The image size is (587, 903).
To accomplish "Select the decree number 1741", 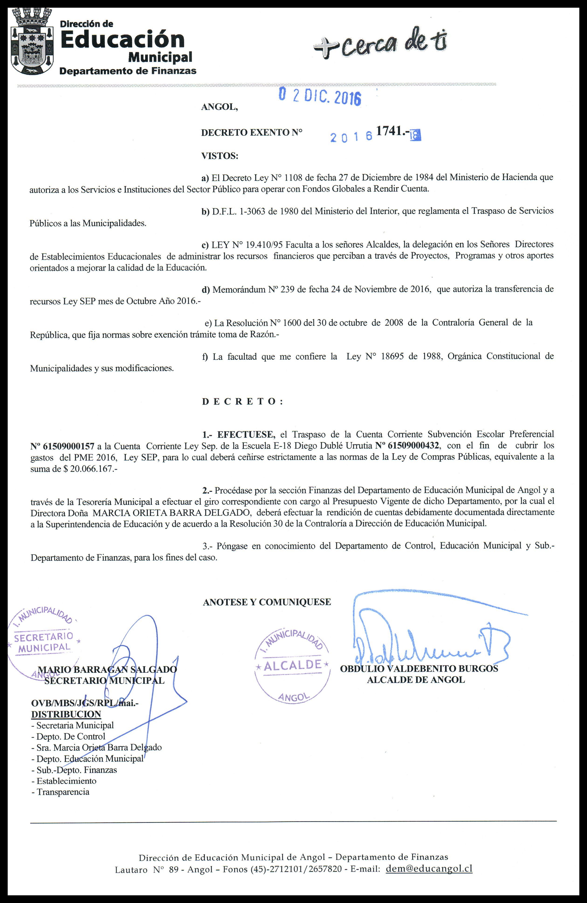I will pyautogui.click(x=391, y=131).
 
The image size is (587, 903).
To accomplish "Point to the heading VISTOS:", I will pyautogui.click(x=220, y=155).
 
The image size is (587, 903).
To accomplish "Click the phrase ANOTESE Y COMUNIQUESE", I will pyautogui.click(x=267, y=602).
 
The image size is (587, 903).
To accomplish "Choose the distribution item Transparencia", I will pyautogui.click(x=62, y=792).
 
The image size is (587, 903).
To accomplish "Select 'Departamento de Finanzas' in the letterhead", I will pyautogui.click(x=128, y=71).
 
